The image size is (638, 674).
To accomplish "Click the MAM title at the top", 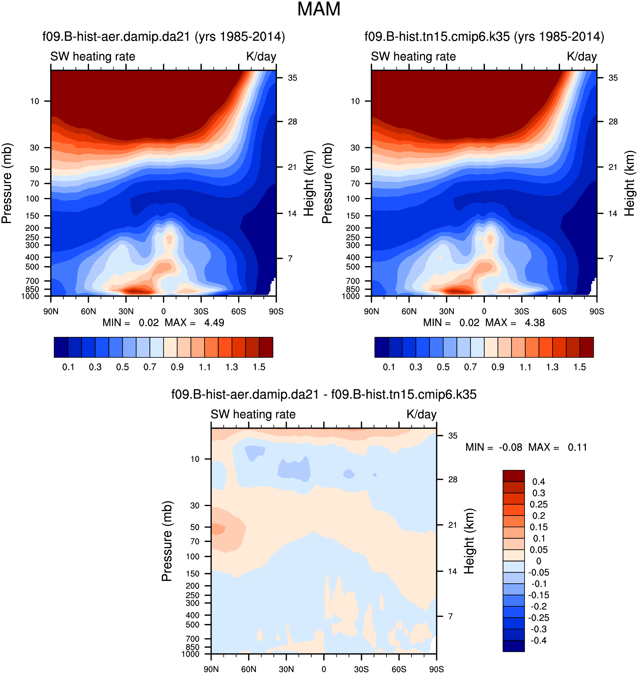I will pyautogui.click(x=319, y=9).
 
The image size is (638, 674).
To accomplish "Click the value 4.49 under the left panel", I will pyautogui.click(x=214, y=323).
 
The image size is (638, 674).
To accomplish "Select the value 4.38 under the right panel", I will pyautogui.click(x=534, y=323).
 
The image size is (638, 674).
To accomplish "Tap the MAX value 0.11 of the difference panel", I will pyautogui.click(x=577, y=447).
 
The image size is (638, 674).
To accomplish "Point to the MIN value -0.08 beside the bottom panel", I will pyautogui.click(x=510, y=447).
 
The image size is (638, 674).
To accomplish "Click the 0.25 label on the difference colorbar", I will pyautogui.click(x=539, y=504).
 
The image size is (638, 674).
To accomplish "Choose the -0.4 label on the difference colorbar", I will pyautogui.click(x=539, y=640).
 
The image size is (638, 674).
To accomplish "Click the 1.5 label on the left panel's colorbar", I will pyautogui.click(x=259, y=367).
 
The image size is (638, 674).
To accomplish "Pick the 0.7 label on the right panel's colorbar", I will pyautogui.click(x=471, y=367).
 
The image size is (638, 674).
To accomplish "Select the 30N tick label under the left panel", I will pyautogui.click(x=126, y=312).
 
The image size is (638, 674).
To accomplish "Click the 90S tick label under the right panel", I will pyautogui.click(x=597, y=312).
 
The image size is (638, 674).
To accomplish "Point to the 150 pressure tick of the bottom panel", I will pyautogui.click(x=193, y=574).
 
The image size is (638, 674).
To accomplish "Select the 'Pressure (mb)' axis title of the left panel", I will pyautogui.click(x=7, y=184).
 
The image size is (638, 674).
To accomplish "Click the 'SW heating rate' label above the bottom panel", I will pyautogui.click(x=253, y=414).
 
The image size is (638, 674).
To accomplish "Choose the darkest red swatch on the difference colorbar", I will pyautogui.click(x=514, y=476).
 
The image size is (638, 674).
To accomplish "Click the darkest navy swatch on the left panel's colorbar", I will pyautogui.click(x=61, y=347).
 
